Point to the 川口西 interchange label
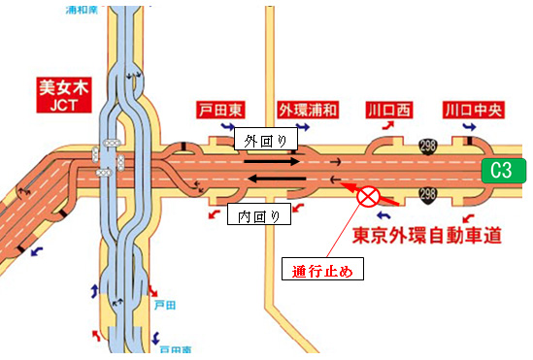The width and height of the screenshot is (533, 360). tap(389, 109)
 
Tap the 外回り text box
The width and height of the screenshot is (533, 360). tap(265, 141)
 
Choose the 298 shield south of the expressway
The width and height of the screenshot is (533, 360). tap(428, 197)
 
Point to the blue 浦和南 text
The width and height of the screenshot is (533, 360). tap(85, 8)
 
